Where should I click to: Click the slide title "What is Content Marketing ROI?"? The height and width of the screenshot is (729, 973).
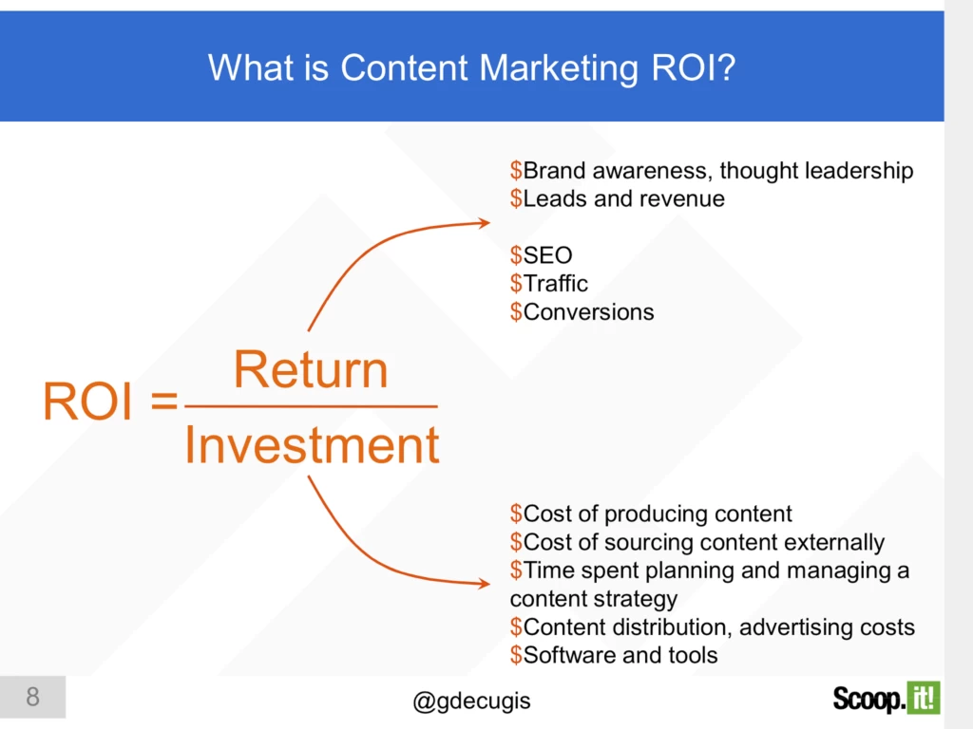(471, 67)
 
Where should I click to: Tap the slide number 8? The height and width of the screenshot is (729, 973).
(32, 698)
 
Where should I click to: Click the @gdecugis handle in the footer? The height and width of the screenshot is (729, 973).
(471, 701)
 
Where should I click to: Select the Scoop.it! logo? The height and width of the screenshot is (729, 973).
(886, 699)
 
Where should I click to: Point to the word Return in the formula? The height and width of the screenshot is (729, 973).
(311, 370)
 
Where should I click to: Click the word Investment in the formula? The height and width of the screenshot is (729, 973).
(312, 445)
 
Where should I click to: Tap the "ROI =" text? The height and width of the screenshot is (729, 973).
(110, 403)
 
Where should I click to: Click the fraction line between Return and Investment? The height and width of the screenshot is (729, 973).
(312, 407)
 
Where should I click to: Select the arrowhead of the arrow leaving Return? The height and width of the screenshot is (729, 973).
(484, 223)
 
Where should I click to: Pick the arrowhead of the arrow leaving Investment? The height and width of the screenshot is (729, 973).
(484, 582)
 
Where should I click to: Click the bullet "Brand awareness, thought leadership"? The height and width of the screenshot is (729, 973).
(717, 171)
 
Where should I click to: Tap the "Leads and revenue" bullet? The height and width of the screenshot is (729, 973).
(623, 198)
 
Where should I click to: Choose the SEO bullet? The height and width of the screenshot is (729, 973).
(547, 255)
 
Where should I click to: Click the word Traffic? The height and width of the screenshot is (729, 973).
(556, 283)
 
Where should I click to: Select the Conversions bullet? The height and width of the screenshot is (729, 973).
(588, 311)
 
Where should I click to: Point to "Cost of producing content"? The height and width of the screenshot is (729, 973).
(658, 514)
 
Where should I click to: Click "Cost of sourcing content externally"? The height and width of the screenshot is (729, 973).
(703, 542)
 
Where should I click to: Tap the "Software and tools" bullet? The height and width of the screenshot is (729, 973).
(620, 655)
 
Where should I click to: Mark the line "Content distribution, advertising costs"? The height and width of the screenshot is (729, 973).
(718, 626)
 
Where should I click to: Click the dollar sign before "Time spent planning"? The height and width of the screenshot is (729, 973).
(516, 570)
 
